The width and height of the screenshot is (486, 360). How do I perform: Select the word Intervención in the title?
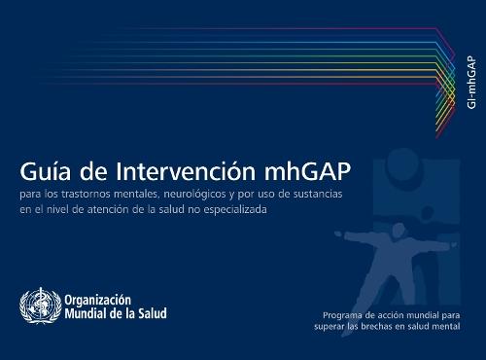pyautogui.click(x=175, y=171)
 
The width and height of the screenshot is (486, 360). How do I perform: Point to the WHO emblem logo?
pyautogui.click(x=39, y=306)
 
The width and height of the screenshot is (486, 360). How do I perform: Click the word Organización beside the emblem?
pyautogui.click(x=98, y=300)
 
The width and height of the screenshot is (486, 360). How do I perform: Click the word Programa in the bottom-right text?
pyautogui.click(x=345, y=315)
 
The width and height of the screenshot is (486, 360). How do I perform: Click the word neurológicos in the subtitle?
pyautogui.click(x=212, y=195)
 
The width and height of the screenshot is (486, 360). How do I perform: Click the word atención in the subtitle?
pyautogui.click(x=119, y=208)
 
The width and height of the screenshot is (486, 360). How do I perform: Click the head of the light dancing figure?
pyautogui.click(x=383, y=208)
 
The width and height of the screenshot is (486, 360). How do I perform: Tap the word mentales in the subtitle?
pyautogui.click(x=145, y=195)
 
